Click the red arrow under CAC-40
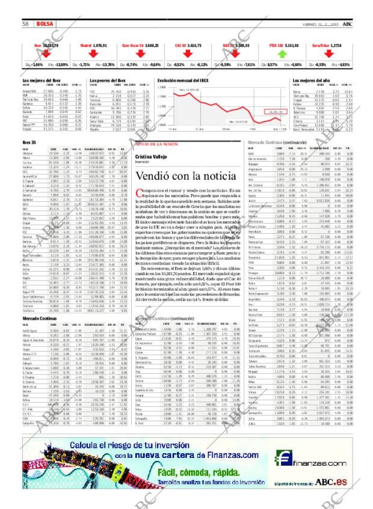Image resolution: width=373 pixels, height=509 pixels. click(186, 52)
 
